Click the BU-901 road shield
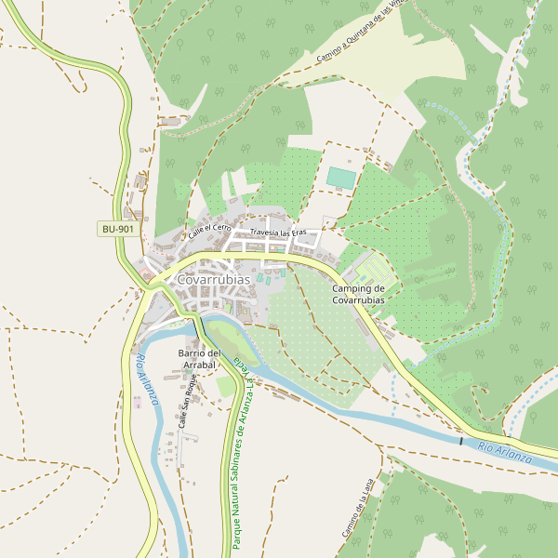(118, 229)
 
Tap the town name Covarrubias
(213, 279)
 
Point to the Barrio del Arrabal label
(199, 359)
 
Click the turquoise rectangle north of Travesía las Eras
(341, 178)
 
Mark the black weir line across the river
(460, 440)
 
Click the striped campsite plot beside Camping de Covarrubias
(375, 271)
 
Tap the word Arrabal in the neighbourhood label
(199, 365)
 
